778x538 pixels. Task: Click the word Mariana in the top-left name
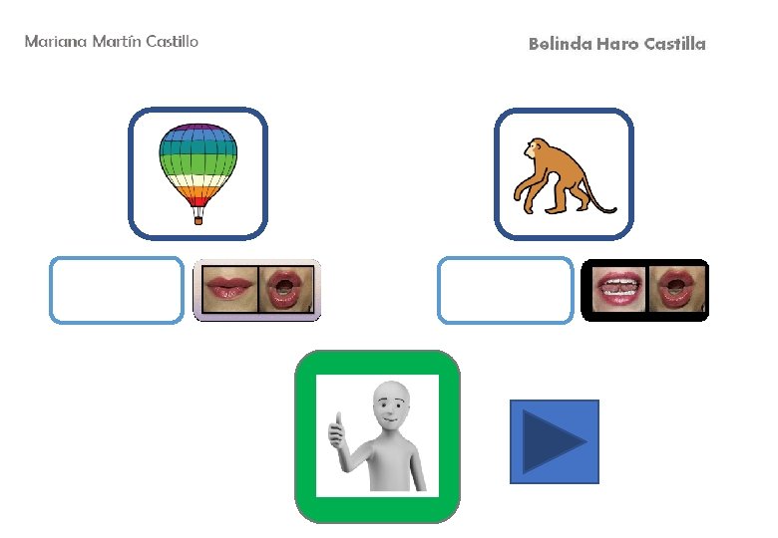[54, 41]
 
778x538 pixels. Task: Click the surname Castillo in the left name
[172, 41]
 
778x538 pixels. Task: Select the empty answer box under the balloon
[117, 290]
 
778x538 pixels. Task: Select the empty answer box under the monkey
[506, 290]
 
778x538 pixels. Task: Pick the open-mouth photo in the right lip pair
[677, 291]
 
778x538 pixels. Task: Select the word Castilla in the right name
[674, 44]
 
